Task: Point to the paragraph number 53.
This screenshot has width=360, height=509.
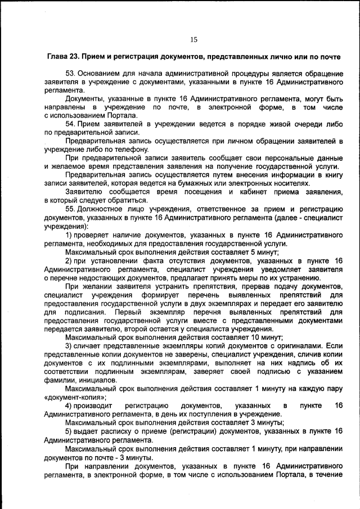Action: tap(70, 74)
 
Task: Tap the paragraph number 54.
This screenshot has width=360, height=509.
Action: tap(70, 123)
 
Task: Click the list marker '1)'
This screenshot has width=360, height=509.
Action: tap(70, 235)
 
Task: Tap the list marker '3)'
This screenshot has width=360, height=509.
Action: tap(70, 345)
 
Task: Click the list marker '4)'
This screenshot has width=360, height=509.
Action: tap(70, 406)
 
